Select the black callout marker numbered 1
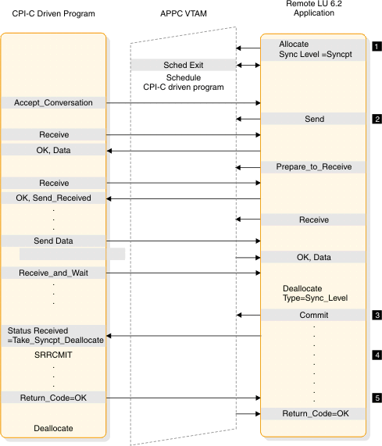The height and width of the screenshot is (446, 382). coord(377,46)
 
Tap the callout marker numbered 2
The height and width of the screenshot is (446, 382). coord(377,120)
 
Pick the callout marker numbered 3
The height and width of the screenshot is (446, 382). coord(377,316)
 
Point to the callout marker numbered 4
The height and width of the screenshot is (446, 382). coord(377,355)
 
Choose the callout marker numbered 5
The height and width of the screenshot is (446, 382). coord(377,398)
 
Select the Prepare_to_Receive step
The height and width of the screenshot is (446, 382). coord(313,167)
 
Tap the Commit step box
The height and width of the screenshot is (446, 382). coord(313,316)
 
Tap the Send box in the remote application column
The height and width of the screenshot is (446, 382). coord(313,120)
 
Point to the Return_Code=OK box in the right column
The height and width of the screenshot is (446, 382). coord(313,413)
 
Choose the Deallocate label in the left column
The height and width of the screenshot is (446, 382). coord(54,429)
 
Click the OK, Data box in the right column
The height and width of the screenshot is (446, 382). coord(313,257)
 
